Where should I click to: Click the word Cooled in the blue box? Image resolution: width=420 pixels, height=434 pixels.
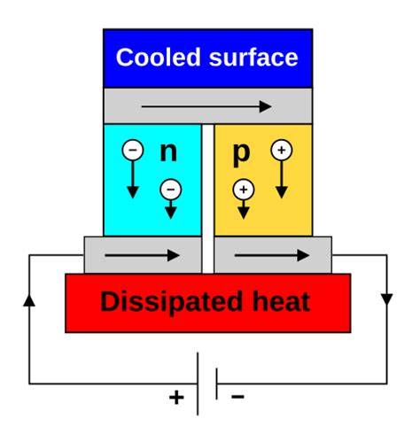click(x=159, y=57)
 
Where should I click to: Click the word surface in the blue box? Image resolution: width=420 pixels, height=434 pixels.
click(x=253, y=57)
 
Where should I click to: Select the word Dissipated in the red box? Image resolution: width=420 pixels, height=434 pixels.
click(x=171, y=302)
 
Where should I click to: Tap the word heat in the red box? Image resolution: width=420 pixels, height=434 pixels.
click(x=281, y=302)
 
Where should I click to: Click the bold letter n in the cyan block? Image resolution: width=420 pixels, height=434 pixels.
click(x=168, y=152)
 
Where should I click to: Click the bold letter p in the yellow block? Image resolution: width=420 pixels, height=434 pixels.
click(x=241, y=155)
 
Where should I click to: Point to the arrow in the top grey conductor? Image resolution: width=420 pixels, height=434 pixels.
click(x=206, y=106)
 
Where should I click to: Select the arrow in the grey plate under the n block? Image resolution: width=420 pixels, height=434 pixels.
click(x=142, y=255)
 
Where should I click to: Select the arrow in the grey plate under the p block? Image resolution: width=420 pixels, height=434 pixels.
click(x=272, y=255)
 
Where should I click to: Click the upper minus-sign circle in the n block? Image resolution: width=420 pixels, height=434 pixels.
click(x=133, y=150)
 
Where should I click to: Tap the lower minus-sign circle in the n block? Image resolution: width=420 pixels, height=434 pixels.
click(x=171, y=190)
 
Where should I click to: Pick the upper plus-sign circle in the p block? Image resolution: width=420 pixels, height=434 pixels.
click(x=282, y=150)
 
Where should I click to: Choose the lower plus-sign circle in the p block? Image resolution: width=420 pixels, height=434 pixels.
click(x=244, y=190)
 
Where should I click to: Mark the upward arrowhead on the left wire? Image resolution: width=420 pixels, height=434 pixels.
click(x=29, y=299)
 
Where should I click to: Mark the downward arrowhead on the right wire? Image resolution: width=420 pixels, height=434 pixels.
click(x=387, y=299)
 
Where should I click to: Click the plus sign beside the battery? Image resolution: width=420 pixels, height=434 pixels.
click(x=176, y=397)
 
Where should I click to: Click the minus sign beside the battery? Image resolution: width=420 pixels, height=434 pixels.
click(x=237, y=396)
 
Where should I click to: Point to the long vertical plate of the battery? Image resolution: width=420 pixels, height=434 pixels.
click(x=198, y=384)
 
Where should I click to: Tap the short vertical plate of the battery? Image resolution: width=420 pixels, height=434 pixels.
click(x=217, y=384)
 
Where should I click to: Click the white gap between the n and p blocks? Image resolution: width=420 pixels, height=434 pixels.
click(x=208, y=198)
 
